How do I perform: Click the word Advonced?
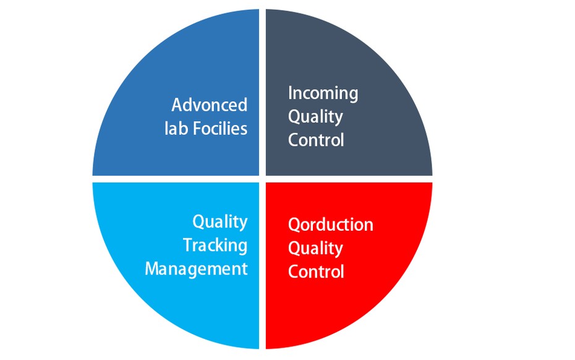(x=210, y=105)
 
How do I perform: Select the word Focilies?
(x=220, y=129)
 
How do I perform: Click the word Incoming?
(x=323, y=94)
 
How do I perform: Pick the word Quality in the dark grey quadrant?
(x=315, y=118)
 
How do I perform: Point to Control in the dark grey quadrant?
(x=316, y=140)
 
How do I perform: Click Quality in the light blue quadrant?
(x=220, y=223)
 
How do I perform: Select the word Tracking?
(x=215, y=246)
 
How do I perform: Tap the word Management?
(x=196, y=269)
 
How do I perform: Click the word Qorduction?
(x=330, y=225)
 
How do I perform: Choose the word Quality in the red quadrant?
(x=315, y=249)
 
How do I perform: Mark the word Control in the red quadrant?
(x=316, y=272)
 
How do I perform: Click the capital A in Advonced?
(x=177, y=105)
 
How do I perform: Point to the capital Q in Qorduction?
(x=294, y=225)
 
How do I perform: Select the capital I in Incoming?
(x=290, y=93)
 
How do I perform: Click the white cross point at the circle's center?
(x=262, y=179)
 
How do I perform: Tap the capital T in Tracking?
(x=189, y=245)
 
